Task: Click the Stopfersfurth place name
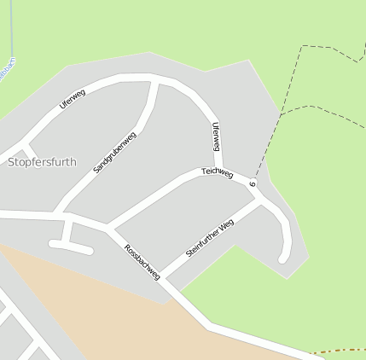(41, 161)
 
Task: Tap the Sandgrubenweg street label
(115, 152)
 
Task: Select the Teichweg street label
(217, 172)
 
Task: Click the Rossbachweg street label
(142, 262)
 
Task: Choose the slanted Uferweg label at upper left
(73, 98)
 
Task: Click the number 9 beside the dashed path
(253, 183)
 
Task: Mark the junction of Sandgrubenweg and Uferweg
(154, 83)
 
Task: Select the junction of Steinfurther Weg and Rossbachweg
(164, 278)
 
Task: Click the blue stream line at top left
(13, 34)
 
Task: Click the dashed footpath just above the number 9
(261, 162)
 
